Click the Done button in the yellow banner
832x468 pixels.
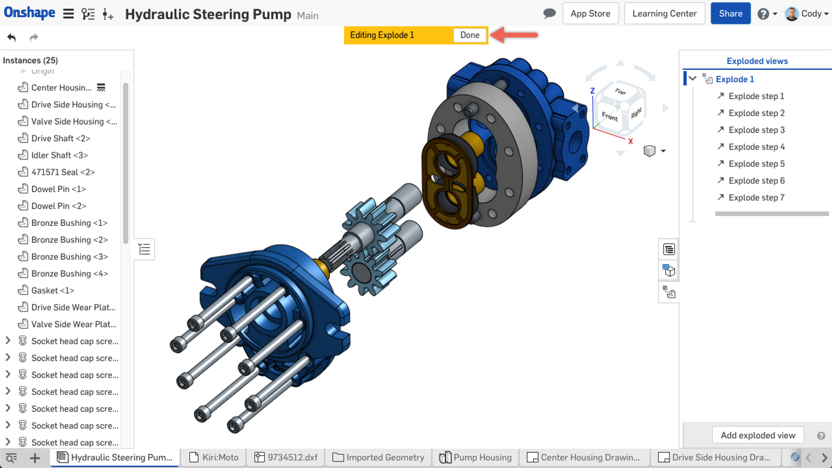[470, 35]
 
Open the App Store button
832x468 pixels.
[590, 14]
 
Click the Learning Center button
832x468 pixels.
[664, 14]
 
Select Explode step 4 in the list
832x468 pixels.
[756, 147]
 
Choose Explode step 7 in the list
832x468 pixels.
[756, 198]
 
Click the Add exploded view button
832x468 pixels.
[757, 435]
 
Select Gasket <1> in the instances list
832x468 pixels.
[53, 290]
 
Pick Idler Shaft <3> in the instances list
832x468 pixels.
[59, 155]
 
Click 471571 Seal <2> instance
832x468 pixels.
[63, 172]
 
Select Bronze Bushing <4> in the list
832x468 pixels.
[69, 274]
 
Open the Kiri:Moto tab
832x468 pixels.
[214, 458]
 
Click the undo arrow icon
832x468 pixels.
[11, 37]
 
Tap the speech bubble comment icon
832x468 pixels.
[549, 14]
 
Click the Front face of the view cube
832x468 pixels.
[609, 116]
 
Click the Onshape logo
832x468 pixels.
[29, 13]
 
